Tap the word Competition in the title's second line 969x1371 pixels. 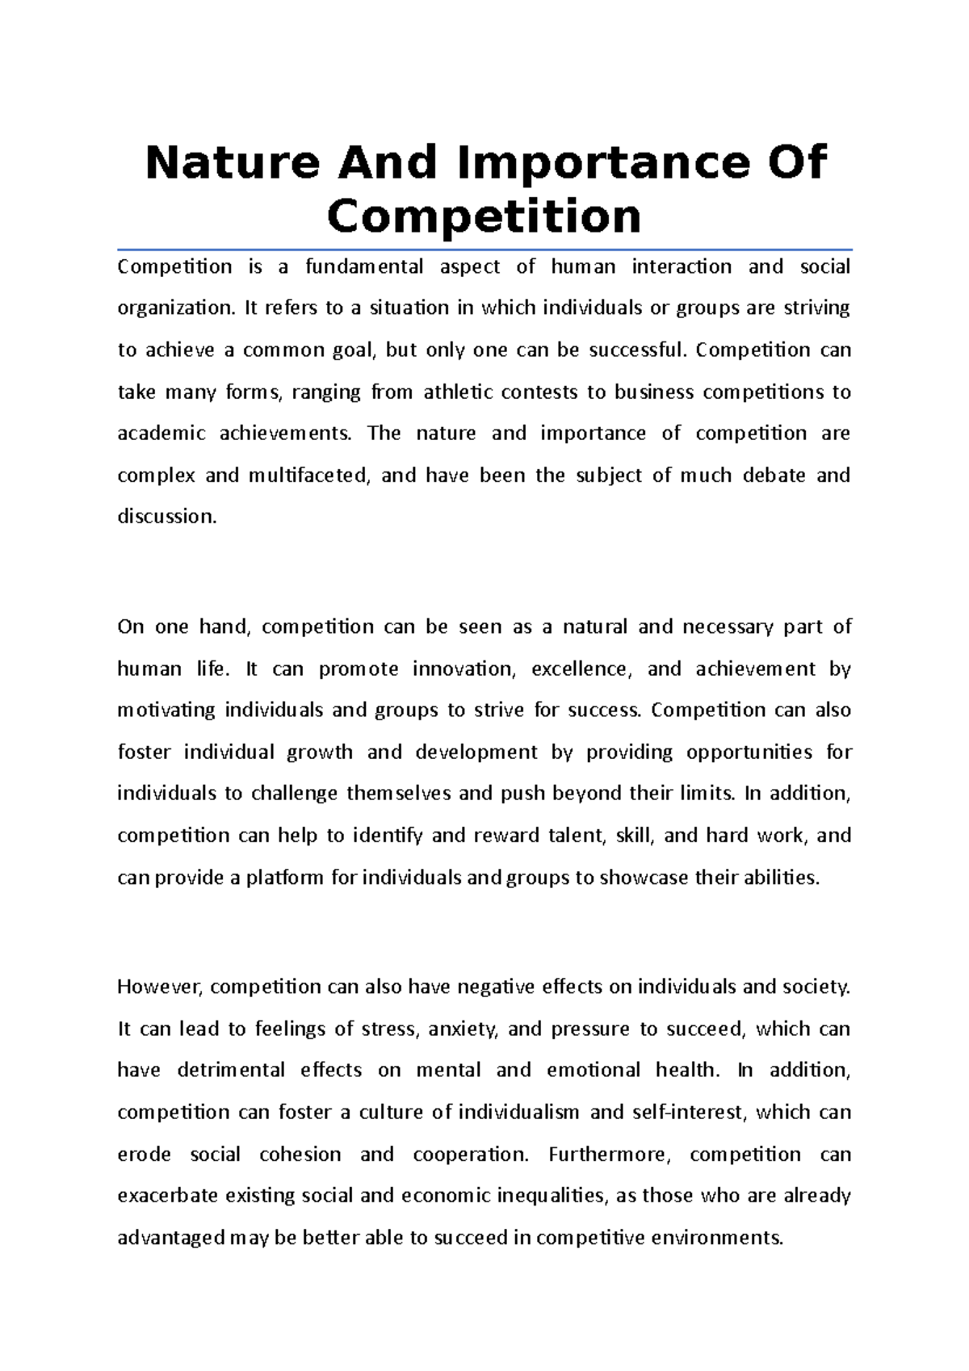click(484, 216)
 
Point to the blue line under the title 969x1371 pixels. click(484, 249)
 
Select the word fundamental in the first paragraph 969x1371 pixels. click(364, 267)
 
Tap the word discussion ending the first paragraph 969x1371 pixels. click(167, 517)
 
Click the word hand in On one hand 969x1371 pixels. click(225, 627)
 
